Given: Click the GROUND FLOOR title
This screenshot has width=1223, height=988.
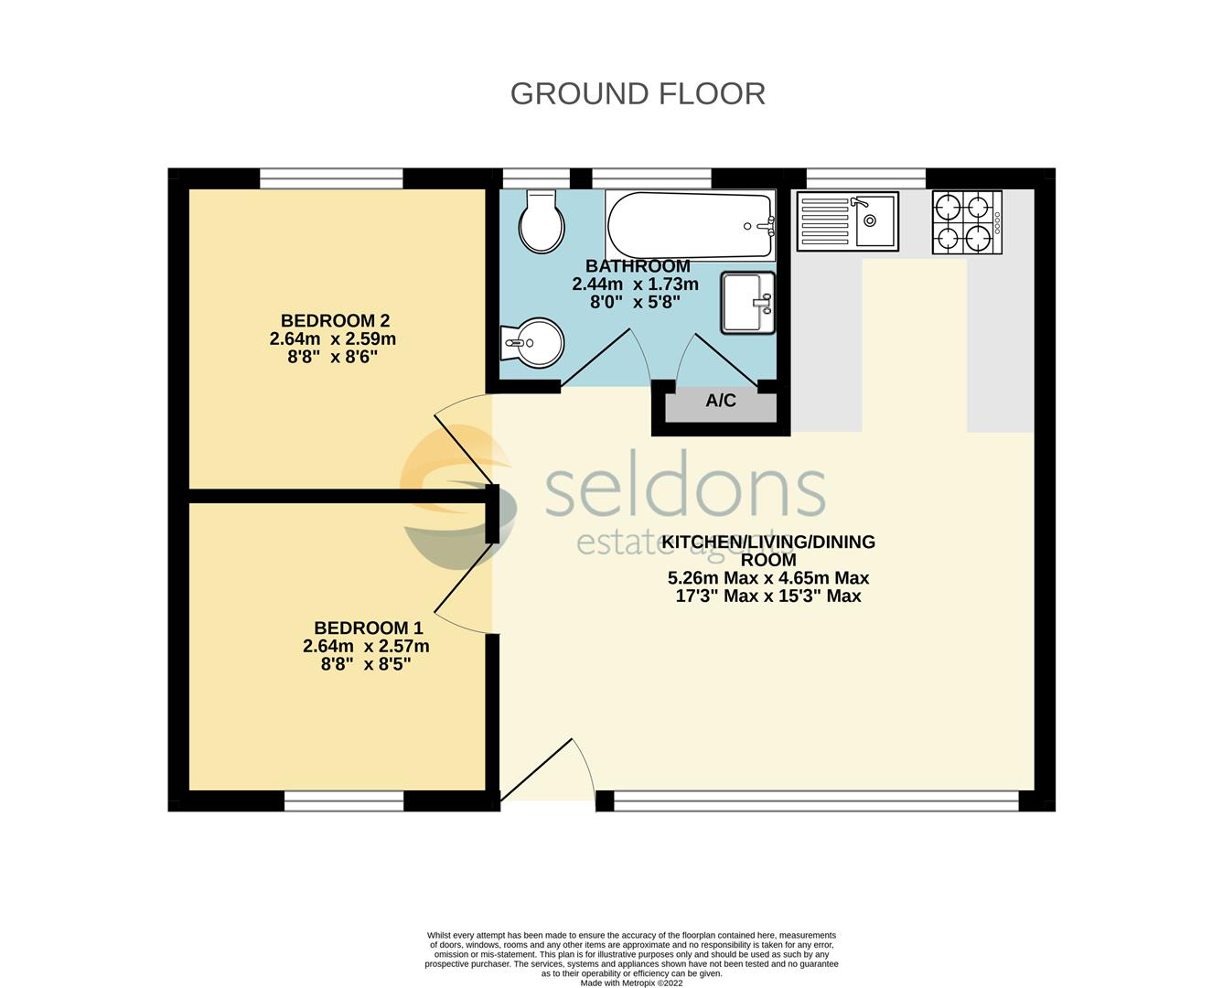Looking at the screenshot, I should [x=638, y=93].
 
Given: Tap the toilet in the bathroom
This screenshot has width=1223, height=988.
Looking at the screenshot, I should [x=541, y=221].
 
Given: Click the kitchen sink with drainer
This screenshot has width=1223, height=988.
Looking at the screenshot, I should [x=847, y=220].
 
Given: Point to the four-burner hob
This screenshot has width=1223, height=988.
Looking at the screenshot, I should [x=967, y=221].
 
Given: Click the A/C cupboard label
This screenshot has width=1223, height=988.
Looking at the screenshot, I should [x=721, y=401].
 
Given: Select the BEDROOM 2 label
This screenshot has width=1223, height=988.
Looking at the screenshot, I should [x=335, y=320].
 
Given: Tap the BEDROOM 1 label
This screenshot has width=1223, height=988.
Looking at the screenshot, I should [x=368, y=628].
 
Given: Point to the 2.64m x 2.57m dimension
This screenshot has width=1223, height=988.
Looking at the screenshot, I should [x=366, y=646].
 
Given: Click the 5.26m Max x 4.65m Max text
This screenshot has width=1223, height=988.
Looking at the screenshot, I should [x=768, y=578].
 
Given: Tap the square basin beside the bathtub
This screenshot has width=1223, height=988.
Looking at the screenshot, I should [x=747, y=302].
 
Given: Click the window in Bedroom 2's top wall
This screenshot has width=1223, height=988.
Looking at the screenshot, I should [x=331, y=178].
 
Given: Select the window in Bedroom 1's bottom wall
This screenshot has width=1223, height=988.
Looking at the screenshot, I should [x=344, y=802].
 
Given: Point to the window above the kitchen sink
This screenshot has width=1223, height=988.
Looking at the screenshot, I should [x=865, y=178].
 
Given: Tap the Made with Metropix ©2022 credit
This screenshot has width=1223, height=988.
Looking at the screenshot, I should [x=631, y=983].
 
